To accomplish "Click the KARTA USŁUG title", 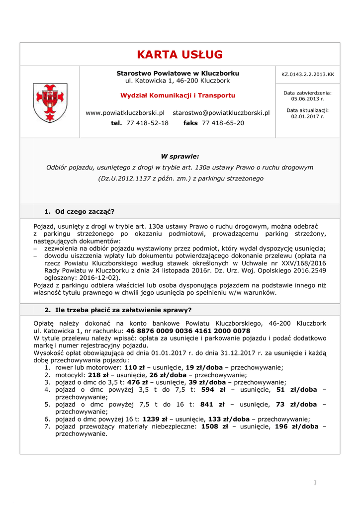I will [x=180, y=54].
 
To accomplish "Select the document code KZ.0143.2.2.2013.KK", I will [x=307, y=75].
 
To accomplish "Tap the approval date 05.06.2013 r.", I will [x=307, y=98].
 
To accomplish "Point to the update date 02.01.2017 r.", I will [x=307, y=116].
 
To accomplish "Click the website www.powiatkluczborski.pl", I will [x=125, y=113].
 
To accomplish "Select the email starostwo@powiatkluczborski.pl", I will [x=221, y=113].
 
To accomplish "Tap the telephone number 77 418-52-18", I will [x=147, y=123].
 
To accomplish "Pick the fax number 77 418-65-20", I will [x=223, y=123].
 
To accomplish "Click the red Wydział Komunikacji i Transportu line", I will [x=178, y=95].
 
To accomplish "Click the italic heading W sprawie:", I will [x=180, y=157].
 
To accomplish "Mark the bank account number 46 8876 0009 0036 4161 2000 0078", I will [x=188, y=331].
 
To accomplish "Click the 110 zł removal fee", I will [x=134, y=367].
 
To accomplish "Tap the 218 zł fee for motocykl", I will [x=98, y=375].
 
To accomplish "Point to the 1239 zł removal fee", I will [x=154, y=419].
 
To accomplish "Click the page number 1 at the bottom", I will [x=315, y=482].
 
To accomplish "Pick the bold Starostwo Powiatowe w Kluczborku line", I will [x=178, y=73].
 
